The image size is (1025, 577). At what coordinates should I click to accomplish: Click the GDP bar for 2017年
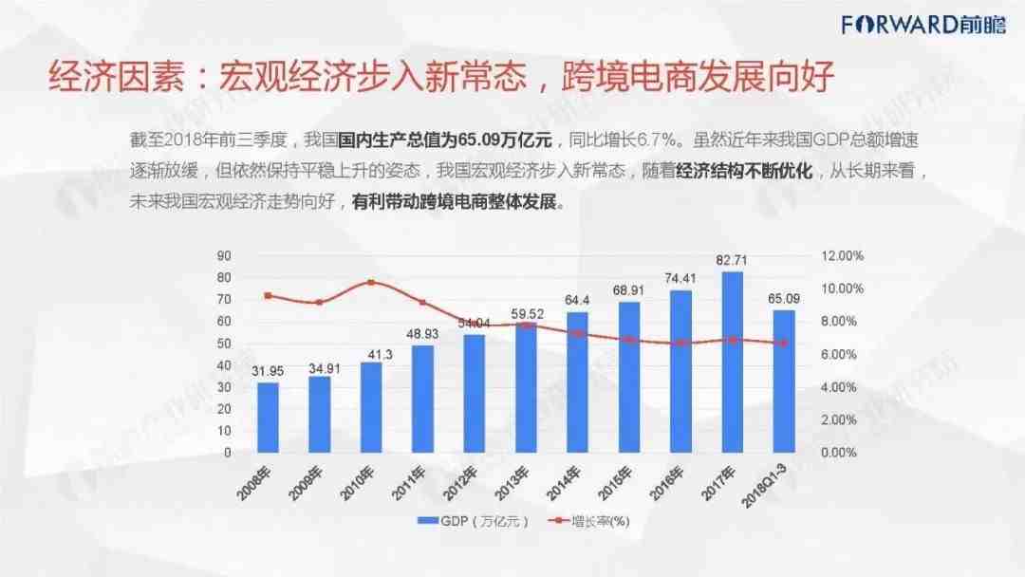[x=733, y=362]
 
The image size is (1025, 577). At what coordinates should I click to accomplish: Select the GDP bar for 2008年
[x=269, y=417]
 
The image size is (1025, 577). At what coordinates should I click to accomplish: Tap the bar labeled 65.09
[x=784, y=381]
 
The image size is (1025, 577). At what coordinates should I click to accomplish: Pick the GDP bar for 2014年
[x=578, y=382]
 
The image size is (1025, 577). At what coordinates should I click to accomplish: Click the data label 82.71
[x=733, y=261]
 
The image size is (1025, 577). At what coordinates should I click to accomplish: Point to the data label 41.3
[x=372, y=352]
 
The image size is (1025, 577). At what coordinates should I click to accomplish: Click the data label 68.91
[x=629, y=290]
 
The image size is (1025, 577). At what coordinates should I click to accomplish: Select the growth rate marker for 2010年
[x=372, y=283]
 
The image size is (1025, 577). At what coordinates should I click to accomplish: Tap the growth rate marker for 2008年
[x=269, y=296]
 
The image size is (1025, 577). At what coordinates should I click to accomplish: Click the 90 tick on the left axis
[x=224, y=256]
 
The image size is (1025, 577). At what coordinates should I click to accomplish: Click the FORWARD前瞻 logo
[x=920, y=24]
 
